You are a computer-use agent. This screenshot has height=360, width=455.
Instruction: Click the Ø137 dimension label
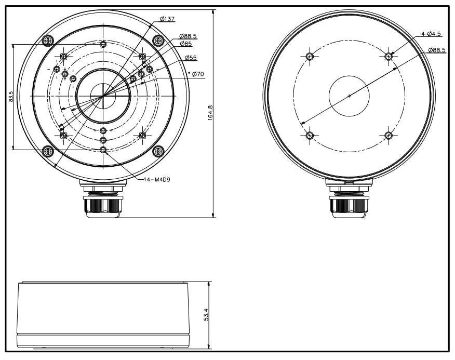tap(167, 19)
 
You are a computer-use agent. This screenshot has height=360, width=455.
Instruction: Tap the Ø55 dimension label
tap(190, 58)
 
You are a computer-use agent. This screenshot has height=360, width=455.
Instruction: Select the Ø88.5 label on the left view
tap(188, 36)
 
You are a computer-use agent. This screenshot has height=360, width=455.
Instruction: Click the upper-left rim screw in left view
tap(48, 40)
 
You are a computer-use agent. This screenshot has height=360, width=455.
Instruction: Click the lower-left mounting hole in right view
tap(310, 136)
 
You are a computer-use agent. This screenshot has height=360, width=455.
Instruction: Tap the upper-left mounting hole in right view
tap(310, 56)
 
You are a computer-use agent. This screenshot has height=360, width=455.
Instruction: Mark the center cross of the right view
tap(349, 96)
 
